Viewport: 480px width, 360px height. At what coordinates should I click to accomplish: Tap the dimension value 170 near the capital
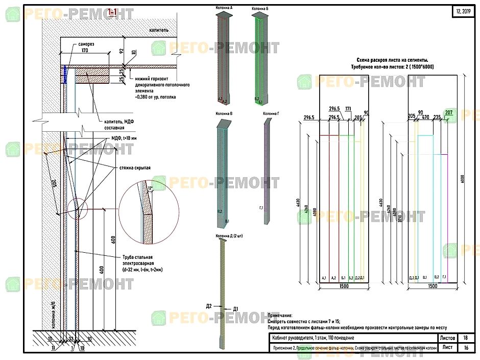(85, 51)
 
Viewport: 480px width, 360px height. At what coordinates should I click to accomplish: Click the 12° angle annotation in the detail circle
(150, 188)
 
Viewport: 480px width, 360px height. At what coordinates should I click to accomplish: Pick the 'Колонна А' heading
(225, 9)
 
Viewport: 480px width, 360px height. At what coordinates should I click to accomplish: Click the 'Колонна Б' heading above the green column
(260, 9)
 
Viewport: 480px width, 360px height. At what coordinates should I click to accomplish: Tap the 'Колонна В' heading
(225, 113)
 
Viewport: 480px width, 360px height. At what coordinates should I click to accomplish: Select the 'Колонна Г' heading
(270, 113)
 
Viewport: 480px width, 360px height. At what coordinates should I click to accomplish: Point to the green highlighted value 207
(449, 113)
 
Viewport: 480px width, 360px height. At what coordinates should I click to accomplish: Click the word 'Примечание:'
(280, 316)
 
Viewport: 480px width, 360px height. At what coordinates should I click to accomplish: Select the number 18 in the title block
(465, 338)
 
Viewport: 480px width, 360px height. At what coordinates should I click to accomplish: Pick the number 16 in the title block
(465, 348)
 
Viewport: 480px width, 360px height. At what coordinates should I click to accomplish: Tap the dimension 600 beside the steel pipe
(114, 239)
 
